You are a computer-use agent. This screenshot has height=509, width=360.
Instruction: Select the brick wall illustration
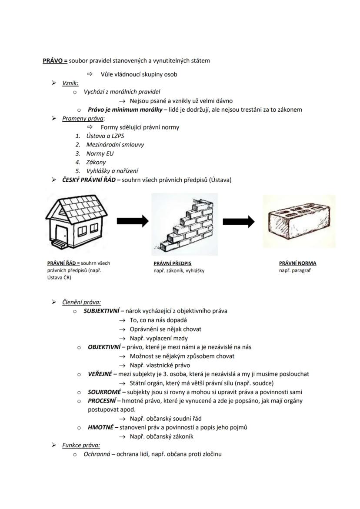click(x=185, y=225)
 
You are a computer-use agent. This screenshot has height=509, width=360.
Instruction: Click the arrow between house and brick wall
click(x=133, y=221)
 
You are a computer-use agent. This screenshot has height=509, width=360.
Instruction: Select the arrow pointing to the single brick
click(x=238, y=222)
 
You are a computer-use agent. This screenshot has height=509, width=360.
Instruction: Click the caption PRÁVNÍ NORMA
click(x=297, y=263)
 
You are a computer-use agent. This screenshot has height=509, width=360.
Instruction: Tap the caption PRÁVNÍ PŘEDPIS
click(x=172, y=263)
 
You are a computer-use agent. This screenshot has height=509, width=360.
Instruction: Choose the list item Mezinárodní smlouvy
click(x=115, y=145)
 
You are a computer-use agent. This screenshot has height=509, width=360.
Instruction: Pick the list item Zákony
click(x=96, y=162)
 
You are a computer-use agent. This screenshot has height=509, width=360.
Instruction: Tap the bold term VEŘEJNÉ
click(x=100, y=374)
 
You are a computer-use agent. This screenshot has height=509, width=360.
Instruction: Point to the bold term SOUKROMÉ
click(x=103, y=392)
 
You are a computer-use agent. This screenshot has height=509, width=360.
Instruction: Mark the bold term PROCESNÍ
click(x=102, y=401)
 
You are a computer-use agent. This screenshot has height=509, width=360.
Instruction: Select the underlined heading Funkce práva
click(x=81, y=445)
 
